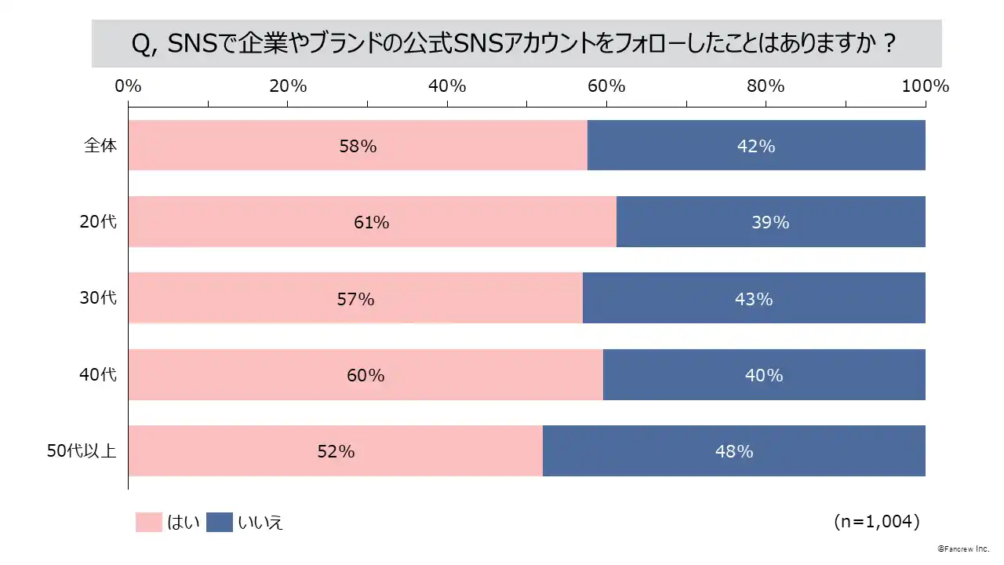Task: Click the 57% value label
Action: tap(355, 299)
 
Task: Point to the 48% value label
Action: tap(734, 451)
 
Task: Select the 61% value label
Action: tap(371, 222)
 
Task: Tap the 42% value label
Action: tap(756, 146)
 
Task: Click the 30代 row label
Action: tap(98, 298)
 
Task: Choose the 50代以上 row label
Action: tap(82, 451)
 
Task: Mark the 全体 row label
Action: tap(100, 145)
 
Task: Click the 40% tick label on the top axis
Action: tap(447, 86)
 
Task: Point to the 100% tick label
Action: tap(926, 86)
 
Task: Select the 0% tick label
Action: tap(128, 86)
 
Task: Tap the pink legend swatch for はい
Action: tap(148, 522)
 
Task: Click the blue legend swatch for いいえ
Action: tap(220, 522)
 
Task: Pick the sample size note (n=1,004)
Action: tap(876, 521)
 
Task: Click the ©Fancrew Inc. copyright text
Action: tap(964, 549)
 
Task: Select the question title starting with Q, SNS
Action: tap(516, 44)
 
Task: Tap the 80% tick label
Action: tap(766, 86)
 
